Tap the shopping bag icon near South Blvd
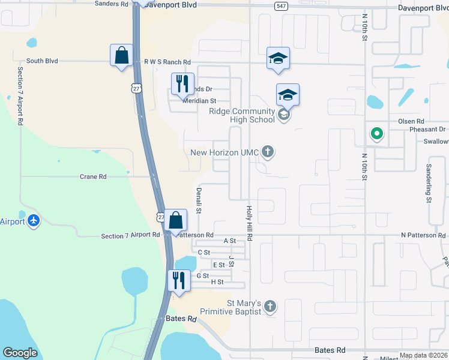tap(122, 55)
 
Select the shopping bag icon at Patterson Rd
tap(176, 220)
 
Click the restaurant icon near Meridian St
tap(183, 83)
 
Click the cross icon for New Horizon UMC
tap(268, 152)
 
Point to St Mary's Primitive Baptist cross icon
tap(270, 307)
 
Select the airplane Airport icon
tap(33, 221)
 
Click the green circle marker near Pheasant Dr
tap(376, 133)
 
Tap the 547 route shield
tap(280, 6)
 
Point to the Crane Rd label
tap(93, 177)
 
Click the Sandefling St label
tap(429, 184)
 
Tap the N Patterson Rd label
tap(423, 236)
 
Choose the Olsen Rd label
tap(411, 121)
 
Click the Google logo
tap(20, 353)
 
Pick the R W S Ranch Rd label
tap(167, 62)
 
